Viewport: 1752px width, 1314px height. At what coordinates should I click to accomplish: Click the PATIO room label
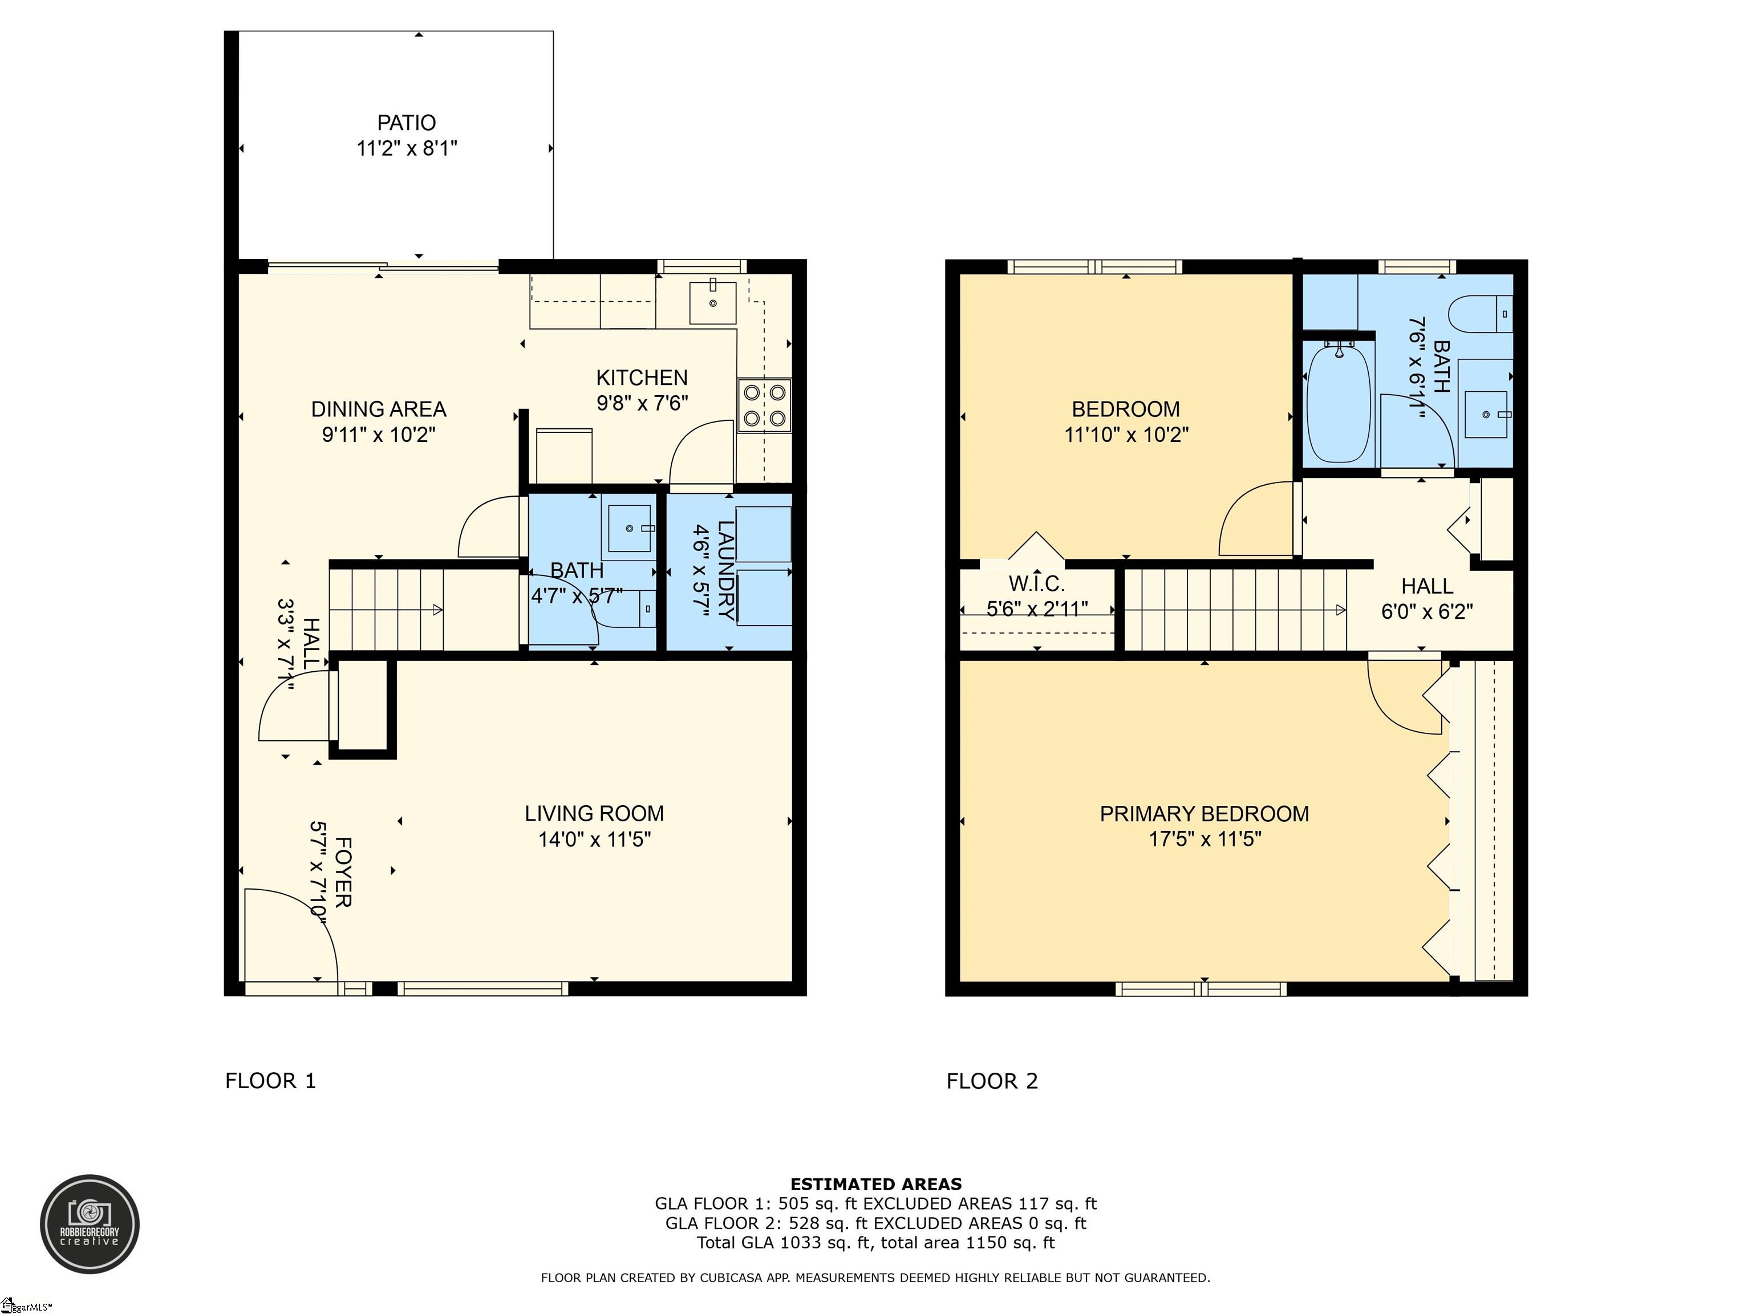pos(406,123)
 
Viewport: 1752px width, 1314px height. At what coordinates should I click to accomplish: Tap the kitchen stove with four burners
pos(764,405)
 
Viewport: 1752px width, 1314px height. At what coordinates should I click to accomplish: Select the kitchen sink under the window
pos(713,303)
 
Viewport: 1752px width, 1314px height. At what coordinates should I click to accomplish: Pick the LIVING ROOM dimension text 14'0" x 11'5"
pos(594,839)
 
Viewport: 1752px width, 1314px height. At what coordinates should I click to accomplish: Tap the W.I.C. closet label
pos(1036,584)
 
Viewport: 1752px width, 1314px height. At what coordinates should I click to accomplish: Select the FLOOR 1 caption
pos(270,1080)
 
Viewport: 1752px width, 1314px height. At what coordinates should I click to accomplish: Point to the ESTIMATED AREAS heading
pos(876,1184)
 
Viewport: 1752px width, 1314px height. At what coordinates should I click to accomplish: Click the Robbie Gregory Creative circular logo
pos(90,1224)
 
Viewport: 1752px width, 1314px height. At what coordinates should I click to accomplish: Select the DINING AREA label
pos(379,409)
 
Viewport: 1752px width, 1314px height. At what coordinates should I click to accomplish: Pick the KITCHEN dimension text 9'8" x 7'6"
pos(642,403)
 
